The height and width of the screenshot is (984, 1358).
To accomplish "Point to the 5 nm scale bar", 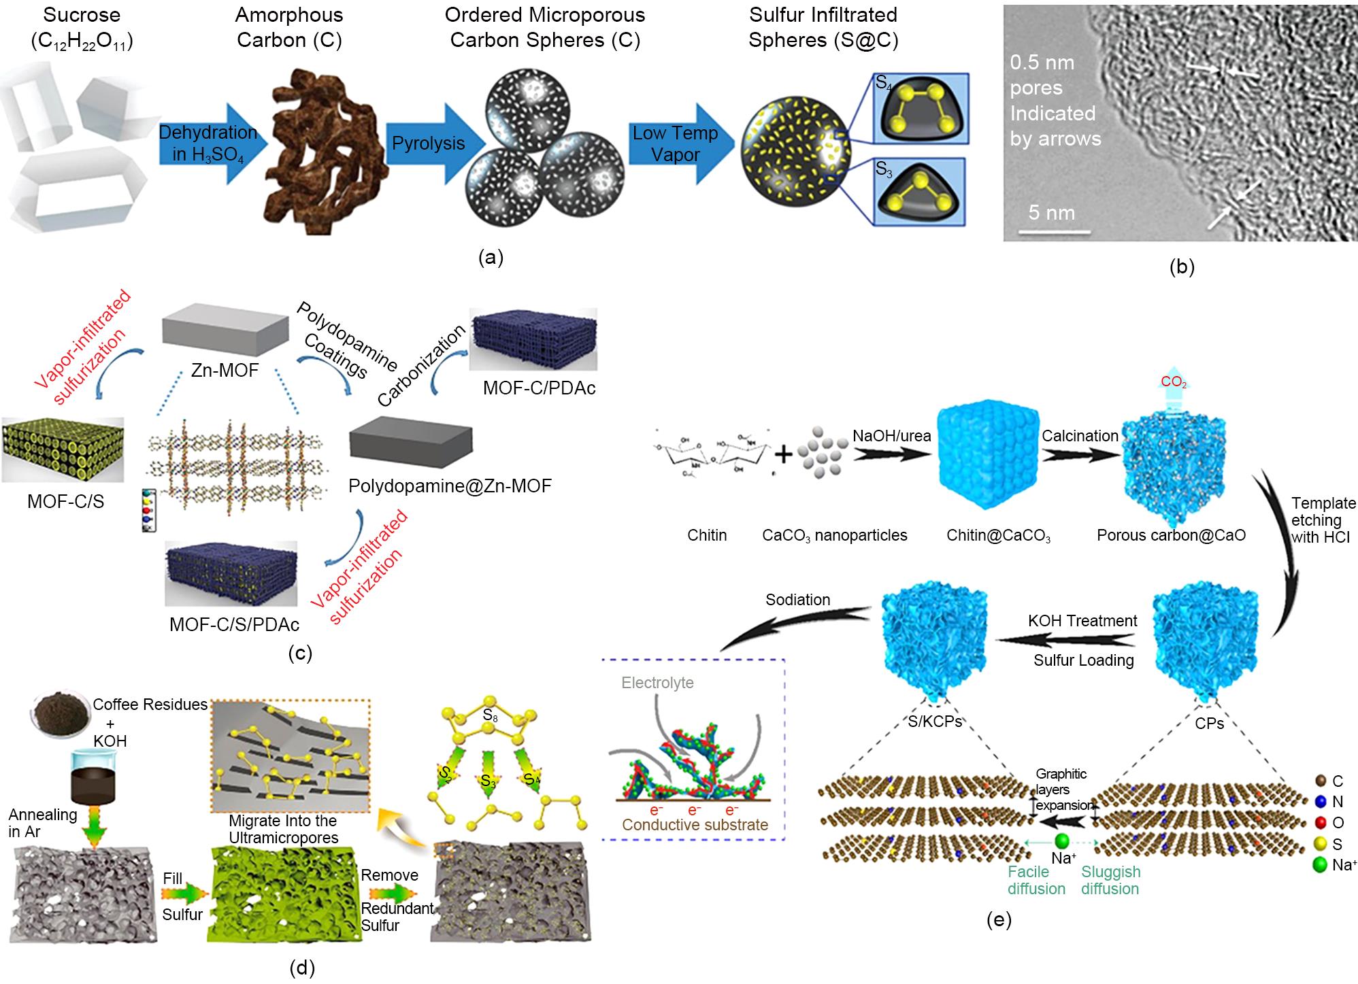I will [x=1050, y=231].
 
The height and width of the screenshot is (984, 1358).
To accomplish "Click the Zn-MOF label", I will [x=225, y=371].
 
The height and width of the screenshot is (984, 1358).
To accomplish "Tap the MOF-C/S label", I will [x=65, y=501].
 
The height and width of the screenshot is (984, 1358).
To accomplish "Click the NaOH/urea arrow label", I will [x=891, y=436].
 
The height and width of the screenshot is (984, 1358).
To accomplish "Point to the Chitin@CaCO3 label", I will [x=998, y=536].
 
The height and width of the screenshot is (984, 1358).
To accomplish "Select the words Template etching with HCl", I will [x=1323, y=520].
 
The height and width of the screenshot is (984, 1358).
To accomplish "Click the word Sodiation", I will [x=797, y=600].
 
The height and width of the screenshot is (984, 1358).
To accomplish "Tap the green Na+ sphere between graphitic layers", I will [x=1063, y=841].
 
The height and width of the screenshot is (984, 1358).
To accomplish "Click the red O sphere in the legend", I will [x=1320, y=822].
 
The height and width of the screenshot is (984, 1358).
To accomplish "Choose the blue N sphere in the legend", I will [x=1320, y=802].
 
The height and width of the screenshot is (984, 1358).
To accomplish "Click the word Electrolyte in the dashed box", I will [x=657, y=682].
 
